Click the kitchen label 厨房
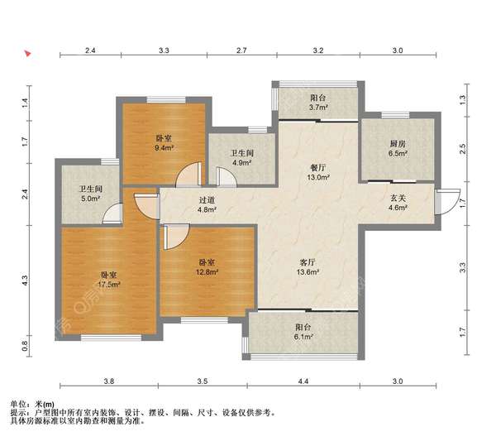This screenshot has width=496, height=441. tap(398, 144)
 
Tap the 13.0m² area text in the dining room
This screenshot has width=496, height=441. tap(318, 177)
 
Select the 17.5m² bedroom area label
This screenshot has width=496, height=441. tap(109, 285)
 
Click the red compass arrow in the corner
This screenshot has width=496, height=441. tap(28, 53)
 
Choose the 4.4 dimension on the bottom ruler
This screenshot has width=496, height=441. tap(303, 381)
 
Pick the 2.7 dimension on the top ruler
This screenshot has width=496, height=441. tap(241, 50)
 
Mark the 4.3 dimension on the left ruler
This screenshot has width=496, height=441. tap(25, 280)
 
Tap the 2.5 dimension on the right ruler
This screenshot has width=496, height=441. tap(462, 149)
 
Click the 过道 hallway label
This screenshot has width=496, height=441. tap(207, 200)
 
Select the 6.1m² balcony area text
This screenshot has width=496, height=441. tap(303, 337)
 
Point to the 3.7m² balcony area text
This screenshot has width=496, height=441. tap(318, 108)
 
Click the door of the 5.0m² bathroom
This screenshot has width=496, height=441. tap(112, 214)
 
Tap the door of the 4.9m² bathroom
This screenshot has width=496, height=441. tap(227, 177)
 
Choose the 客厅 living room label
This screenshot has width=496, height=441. tap(308, 262)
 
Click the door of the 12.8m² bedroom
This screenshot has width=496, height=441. tap(175, 237)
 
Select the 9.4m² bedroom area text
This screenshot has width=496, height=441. tap(165, 147)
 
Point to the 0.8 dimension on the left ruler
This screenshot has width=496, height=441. tap(25, 346)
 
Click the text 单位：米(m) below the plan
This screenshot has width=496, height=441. tap(32, 405)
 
